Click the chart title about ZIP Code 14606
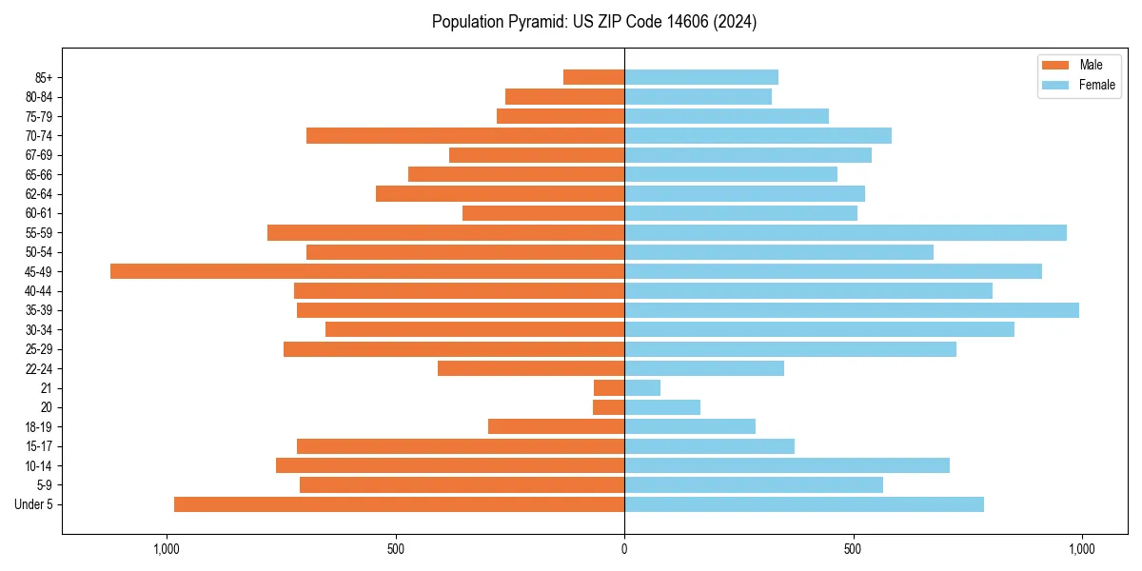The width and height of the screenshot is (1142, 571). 594,22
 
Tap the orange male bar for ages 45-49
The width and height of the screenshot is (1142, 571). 367,271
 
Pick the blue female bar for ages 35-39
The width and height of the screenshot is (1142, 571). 852,310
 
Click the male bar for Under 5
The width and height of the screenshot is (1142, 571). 399,504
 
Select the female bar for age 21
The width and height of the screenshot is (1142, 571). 642,388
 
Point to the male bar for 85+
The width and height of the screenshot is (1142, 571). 594,77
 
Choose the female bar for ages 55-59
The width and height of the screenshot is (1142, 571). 845,232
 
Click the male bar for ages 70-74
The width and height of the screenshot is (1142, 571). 465,135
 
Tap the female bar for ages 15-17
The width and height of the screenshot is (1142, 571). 709,446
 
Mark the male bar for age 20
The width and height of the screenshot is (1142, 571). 609,407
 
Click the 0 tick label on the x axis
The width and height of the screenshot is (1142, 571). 624,549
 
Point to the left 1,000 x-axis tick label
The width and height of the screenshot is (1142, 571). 167,549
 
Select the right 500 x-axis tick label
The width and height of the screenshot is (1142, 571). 854,549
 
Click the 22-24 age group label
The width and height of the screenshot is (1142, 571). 39,368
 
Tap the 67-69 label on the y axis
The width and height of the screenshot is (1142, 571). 39,155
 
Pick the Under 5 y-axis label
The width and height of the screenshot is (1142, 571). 34,504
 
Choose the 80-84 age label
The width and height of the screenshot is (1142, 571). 39,96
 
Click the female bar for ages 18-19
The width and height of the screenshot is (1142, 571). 690,426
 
